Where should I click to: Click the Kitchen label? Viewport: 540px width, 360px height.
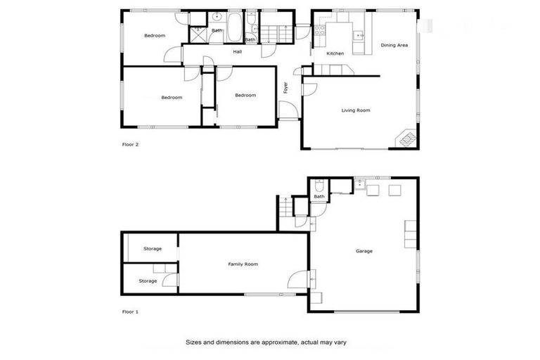click(x=335, y=53)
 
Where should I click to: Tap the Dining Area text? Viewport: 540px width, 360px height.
click(x=394, y=45)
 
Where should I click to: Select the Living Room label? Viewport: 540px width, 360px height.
click(x=356, y=110)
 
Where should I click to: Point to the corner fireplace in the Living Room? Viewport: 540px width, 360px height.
click(x=407, y=139)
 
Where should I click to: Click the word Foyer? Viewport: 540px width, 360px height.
click(x=285, y=89)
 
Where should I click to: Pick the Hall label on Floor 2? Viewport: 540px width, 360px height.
click(x=238, y=51)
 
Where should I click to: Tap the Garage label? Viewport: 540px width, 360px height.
click(x=364, y=251)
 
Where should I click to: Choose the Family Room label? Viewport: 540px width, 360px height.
click(x=243, y=264)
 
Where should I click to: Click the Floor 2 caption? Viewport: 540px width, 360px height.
click(x=130, y=145)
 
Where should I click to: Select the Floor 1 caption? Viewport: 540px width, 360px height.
click(x=130, y=311)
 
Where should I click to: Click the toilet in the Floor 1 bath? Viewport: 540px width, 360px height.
click(x=319, y=187)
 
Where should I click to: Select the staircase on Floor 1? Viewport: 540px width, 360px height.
click(x=285, y=208)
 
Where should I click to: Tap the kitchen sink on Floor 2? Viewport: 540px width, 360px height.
click(x=358, y=33)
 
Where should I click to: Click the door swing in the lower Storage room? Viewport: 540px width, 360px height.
click(x=169, y=281)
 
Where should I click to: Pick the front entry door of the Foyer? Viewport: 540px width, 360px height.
click(x=287, y=110)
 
